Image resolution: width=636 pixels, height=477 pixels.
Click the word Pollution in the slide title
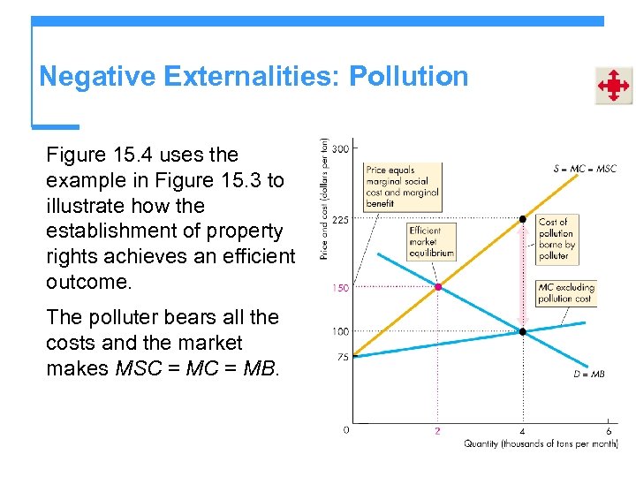tap(408, 77)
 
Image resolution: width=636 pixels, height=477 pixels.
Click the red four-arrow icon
tap(612, 86)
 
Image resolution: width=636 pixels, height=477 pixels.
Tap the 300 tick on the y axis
tap(340, 148)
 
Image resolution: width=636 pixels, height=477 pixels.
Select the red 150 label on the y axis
tap(340, 288)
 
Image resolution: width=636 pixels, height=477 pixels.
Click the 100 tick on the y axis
tap(340, 331)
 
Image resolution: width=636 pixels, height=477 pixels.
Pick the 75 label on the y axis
tap(342, 358)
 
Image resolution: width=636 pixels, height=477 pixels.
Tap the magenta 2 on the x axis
tap(437, 431)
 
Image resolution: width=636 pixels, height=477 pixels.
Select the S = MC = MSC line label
tap(585, 168)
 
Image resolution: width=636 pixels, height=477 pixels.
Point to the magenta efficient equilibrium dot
tap(437, 287)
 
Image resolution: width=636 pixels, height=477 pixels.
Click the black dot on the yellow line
tap(523, 218)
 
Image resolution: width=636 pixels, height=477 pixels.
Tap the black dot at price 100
tap(523, 331)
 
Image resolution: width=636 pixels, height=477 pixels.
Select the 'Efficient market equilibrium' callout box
tap(431, 241)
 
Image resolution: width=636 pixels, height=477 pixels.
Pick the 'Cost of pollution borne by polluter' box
tap(554, 239)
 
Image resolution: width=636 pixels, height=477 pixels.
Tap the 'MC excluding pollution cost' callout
tap(566, 293)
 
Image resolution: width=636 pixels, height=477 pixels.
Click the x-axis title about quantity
tap(540, 443)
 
